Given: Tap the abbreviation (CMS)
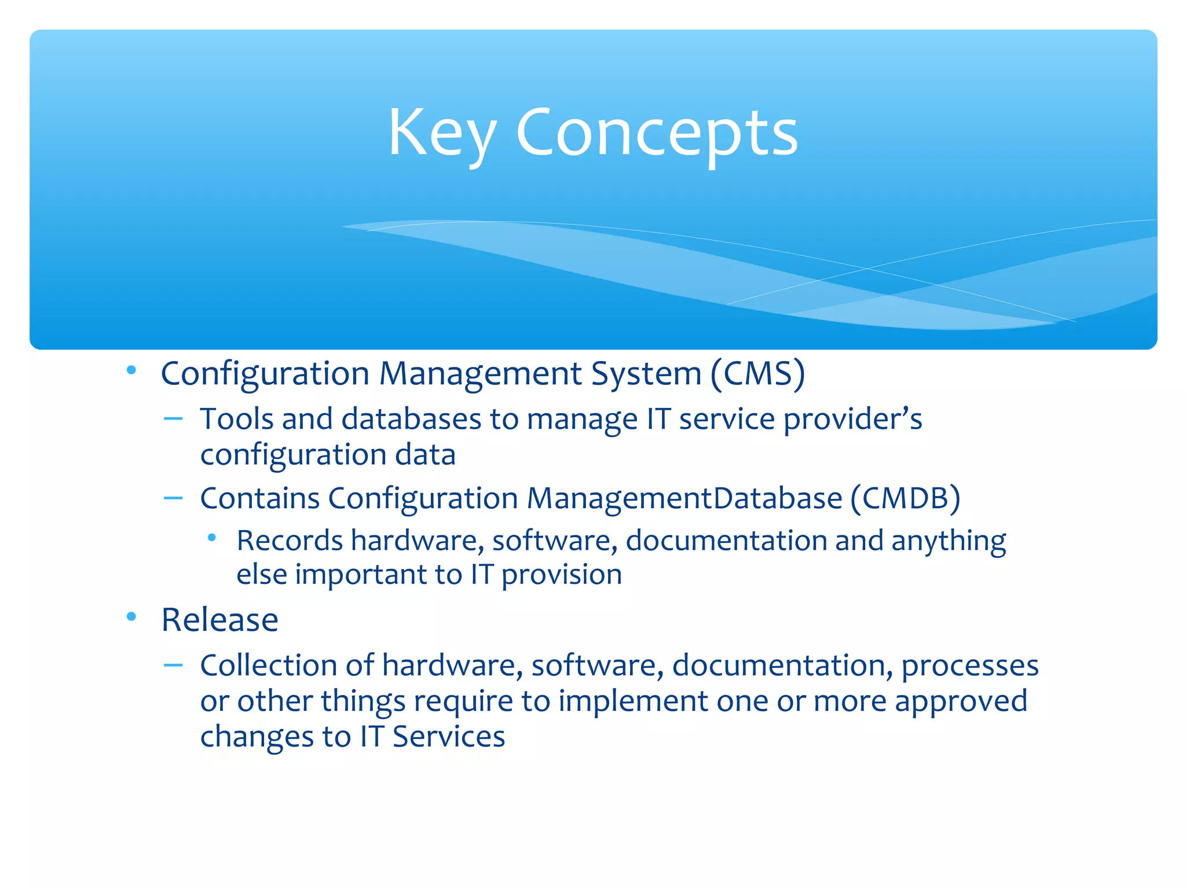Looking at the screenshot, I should pyautogui.click(x=757, y=374).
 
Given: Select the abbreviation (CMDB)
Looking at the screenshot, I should pyautogui.click(x=905, y=498).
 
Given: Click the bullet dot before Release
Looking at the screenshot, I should pyautogui.click(x=131, y=617).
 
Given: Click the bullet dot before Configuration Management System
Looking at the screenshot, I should pyautogui.click(x=131, y=370).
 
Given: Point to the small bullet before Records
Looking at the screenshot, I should pyautogui.click(x=212, y=538).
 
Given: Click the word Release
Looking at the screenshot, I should pyautogui.click(x=219, y=620).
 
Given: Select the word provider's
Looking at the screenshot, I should pyautogui.click(x=852, y=420).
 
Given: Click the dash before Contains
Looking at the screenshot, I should pyautogui.click(x=173, y=498).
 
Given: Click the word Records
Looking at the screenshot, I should pyautogui.click(x=290, y=541).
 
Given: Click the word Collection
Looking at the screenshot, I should pyautogui.click(x=268, y=666).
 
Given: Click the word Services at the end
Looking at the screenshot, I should pyautogui.click(x=448, y=737).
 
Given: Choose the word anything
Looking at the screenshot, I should pyautogui.click(x=948, y=542).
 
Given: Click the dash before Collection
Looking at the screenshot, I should pyautogui.click(x=173, y=666).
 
